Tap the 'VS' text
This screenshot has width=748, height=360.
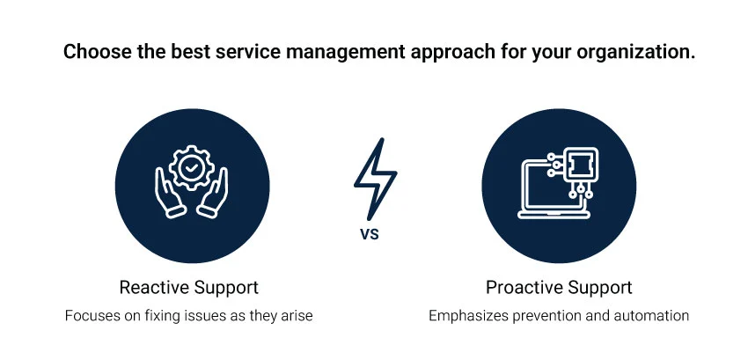pyautogui.click(x=370, y=235)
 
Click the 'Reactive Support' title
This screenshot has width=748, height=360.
pyautogui.click(x=188, y=288)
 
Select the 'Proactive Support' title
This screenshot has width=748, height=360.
pyautogui.click(x=559, y=288)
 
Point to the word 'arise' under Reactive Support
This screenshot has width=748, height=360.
pyautogui.click(x=296, y=315)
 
